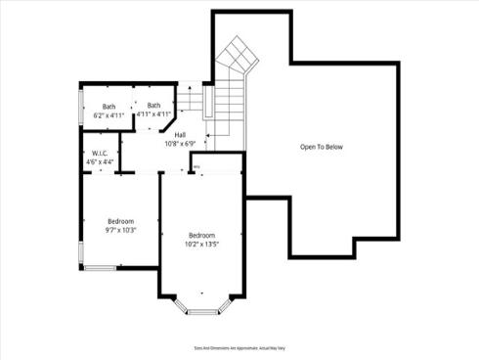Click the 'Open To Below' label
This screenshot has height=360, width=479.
(x=322, y=147)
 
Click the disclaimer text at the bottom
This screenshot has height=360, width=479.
(x=239, y=347)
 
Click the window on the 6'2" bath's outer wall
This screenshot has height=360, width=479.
(x=80, y=108)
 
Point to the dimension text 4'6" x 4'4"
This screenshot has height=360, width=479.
(x=100, y=163)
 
